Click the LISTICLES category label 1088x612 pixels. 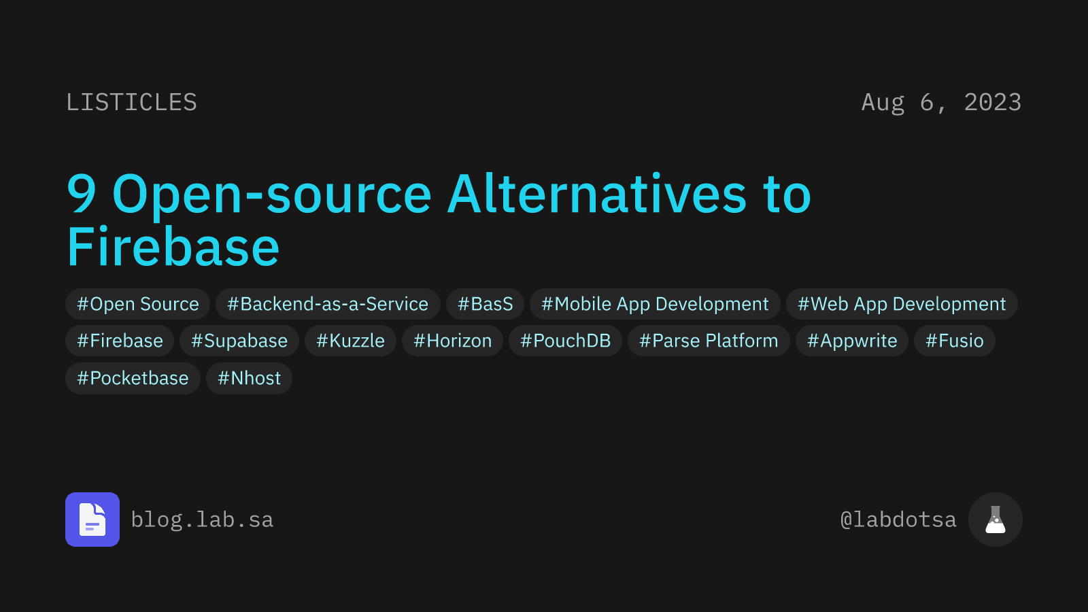tap(131, 103)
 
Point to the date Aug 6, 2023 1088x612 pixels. tap(941, 103)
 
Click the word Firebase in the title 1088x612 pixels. tap(173, 247)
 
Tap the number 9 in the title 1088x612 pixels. tap(82, 194)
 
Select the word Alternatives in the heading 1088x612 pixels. tap(598, 194)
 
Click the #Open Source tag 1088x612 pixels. tap(138, 304)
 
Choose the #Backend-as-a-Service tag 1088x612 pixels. tap(328, 304)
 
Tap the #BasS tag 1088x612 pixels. tap(486, 304)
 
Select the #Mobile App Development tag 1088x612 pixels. tap(655, 304)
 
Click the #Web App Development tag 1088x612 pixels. tap(902, 304)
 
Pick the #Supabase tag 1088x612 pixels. tap(239, 341)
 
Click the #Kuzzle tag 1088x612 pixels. tap(350, 341)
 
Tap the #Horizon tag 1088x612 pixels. tap(453, 341)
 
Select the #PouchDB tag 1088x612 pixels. tap(566, 341)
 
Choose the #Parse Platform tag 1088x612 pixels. tap(709, 341)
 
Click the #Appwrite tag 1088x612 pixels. tap(852, 341)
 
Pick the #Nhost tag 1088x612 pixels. tap(250, 378)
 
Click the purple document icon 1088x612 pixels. tap(92, 520)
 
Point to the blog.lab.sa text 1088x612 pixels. tap(202, 520)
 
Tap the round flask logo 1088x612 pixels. tap(996, 520)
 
